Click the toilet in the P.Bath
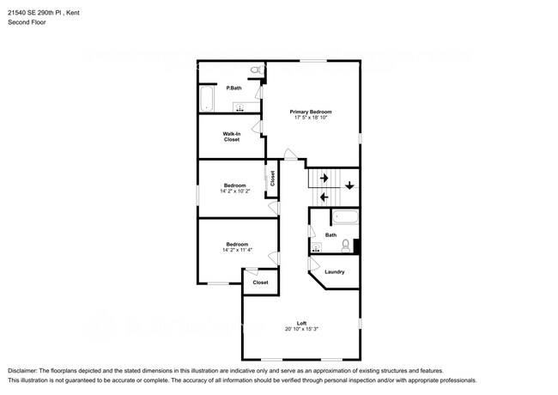(255, 70)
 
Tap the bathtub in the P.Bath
(207, 99)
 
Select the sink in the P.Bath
(240, 108)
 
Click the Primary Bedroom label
(310, 112)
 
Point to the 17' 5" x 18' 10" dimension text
(310, 118)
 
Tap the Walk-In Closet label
(231, 137)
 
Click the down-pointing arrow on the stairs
(349, 185)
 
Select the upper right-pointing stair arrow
(324, 178)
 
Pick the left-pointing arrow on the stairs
(324, 197)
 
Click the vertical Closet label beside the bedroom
(272, 179)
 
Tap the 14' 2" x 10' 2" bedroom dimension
(235, 191)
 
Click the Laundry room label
(334, 272)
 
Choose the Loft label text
(301, 323)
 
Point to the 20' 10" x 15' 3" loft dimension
(301, 329)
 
